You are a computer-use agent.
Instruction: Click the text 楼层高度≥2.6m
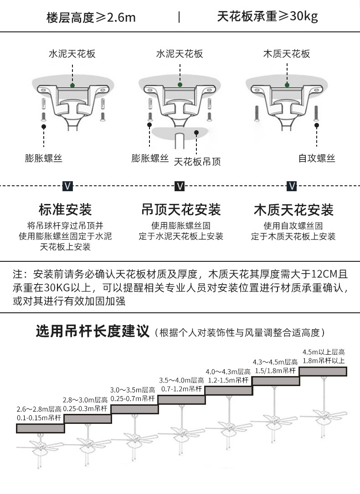coord(91,17)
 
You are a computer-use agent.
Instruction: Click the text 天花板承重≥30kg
coord(267,16)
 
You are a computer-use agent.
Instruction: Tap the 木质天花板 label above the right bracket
coord(287,54)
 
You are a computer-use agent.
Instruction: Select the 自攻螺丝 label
coord(317,158)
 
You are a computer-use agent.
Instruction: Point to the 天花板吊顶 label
coord(197,162)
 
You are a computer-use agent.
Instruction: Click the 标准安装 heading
coord(65,209)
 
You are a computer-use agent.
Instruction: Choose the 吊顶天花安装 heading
coord(181,209)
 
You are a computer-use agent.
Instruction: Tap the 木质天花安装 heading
coord(293,209)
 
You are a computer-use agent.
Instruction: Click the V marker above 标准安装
coord(67,186)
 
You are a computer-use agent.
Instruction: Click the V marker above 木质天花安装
coord(292,186)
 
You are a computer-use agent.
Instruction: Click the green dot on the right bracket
coord(287,85)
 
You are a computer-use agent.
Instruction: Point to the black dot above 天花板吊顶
coord(197,133)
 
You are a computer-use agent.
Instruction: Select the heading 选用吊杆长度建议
coord(93,331)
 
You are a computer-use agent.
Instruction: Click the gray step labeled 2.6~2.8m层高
coord(40,428)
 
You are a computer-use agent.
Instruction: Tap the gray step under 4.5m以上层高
coord(323,371)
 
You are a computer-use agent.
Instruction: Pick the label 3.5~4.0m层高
coord(181,380)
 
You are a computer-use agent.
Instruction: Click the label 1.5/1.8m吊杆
coord(275,371)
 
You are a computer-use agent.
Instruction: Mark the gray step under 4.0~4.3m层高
coord(228,390)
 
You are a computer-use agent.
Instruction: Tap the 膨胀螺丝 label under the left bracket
coord(44,158)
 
